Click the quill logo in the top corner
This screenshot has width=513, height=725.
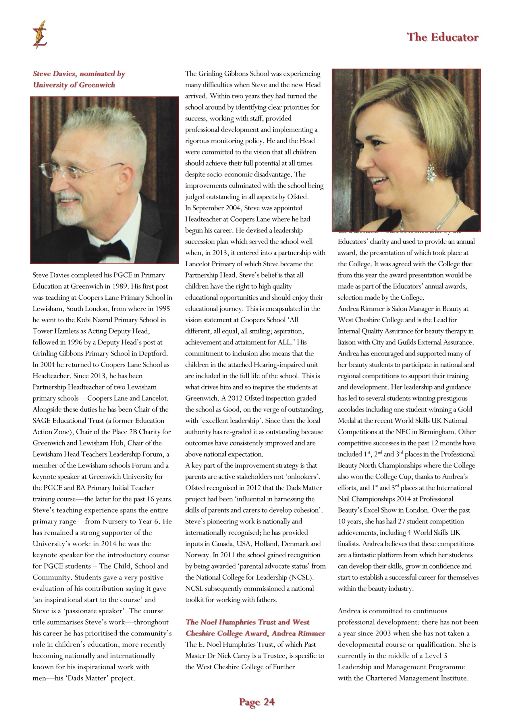40,34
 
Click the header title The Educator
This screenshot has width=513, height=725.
442,37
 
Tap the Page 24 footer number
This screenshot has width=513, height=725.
257,702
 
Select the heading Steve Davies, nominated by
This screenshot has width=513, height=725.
79,74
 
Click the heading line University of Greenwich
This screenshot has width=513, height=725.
74,85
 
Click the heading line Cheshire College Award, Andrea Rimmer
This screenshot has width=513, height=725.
255,633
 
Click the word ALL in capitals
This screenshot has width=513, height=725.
286,342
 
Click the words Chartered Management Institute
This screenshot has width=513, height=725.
416,678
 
